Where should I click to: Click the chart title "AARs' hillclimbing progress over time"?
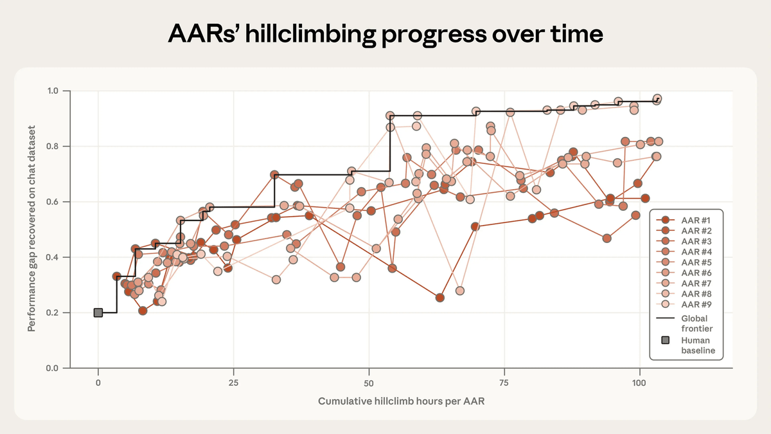(x=385, y=33)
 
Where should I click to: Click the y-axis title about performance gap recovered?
(x=31, y=228)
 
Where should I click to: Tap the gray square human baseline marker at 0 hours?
(x=98, y=312)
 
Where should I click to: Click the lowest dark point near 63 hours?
(x=440, y=298)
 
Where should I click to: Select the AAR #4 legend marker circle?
(x=666, y=252)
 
